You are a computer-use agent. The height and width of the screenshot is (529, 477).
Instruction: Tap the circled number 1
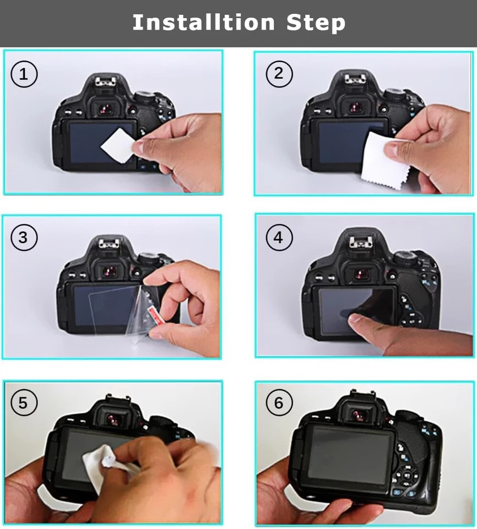coord(24,74)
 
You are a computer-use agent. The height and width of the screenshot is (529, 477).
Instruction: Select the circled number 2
coord(279,74)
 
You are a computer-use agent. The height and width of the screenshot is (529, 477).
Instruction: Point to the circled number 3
coord(24,237)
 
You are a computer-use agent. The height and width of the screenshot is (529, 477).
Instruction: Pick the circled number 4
coord(279,237)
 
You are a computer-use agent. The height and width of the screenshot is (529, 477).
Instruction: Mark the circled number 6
coord(279,403)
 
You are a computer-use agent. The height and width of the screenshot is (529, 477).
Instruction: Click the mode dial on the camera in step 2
coord(395,94)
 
